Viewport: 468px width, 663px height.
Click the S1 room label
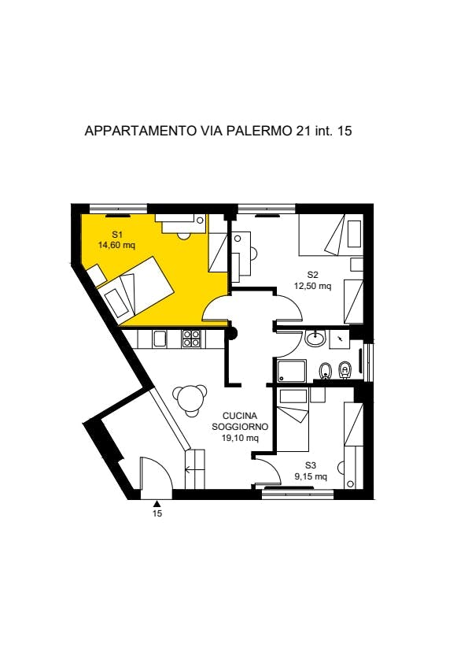[x=117, y=234]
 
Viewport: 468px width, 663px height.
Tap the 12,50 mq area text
[x=312, y=286]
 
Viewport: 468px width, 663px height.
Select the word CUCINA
[x=240, y=416]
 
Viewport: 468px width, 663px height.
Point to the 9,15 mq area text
[x=311, y=476]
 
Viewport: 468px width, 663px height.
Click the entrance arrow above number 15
[x=157, y=503]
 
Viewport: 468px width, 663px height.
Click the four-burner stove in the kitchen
[x=191, y=339]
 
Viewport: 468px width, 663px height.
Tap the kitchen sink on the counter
[x=160, y=339]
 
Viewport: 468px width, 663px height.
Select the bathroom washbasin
[x=315, y=339]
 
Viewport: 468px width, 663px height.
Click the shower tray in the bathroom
[x=292, y=370]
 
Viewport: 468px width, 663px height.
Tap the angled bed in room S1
[x=139, y=287]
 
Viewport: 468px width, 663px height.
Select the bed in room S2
[x=330, y=235]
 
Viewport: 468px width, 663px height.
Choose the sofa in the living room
[x=195, y=469]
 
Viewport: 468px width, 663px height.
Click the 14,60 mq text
[x=116, y=245]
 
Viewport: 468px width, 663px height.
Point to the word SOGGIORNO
[x=240, y=427]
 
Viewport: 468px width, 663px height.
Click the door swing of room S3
[x=270, y=470]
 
